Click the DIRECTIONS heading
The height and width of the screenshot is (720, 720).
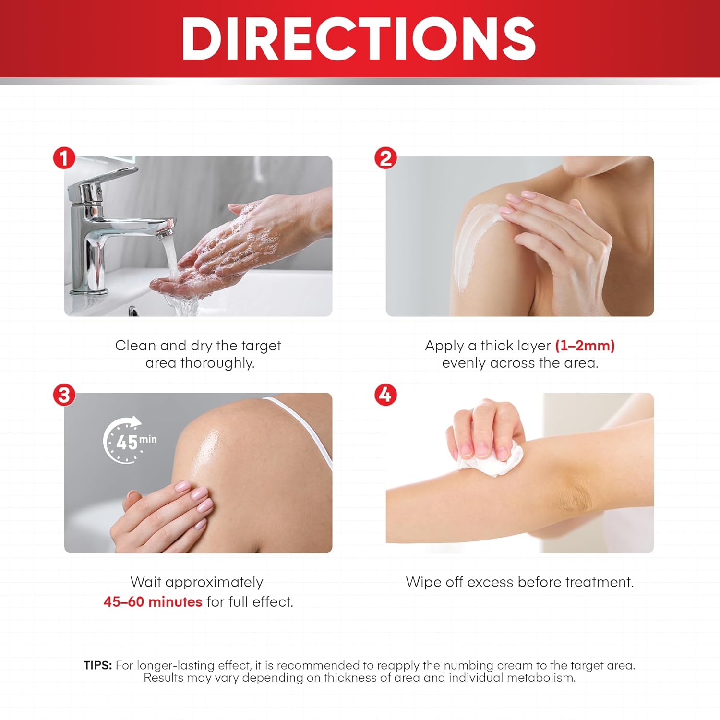click(x=359, y=38)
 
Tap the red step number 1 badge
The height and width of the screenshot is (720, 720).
click(x=64, y=158)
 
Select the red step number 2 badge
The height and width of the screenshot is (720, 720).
click(x=386, y=158)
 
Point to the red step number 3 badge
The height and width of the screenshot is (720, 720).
click(x=64, y=395)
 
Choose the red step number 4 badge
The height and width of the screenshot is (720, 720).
click(x=386, y=395)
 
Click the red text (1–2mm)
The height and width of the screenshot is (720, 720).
click(x=585, y=346)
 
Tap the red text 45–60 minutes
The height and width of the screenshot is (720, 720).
click(x=153, y=602)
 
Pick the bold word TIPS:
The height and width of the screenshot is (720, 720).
click(x=97, y=665)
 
